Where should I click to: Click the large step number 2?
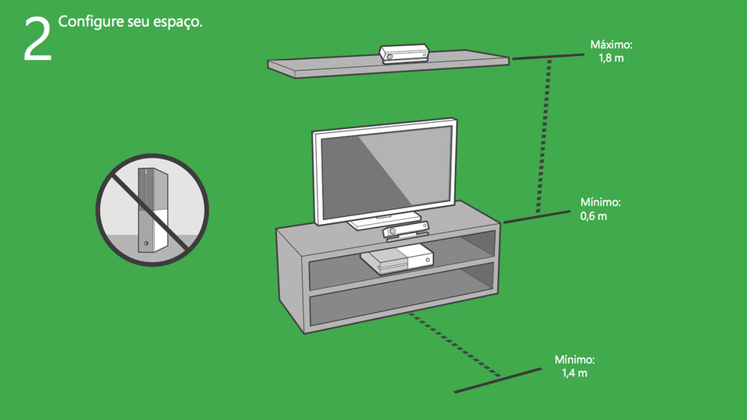point(37,39)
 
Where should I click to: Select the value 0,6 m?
point(593,215)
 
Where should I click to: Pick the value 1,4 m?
point(574,373)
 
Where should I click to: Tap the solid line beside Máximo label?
point(547,57)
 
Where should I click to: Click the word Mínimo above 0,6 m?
point(601,202)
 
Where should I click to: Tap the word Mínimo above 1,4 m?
point(574,360)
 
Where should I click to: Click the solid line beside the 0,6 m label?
point(537,216)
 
